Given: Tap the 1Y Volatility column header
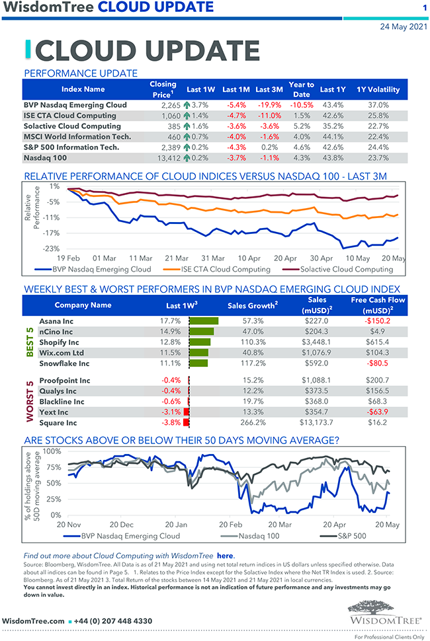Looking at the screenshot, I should (378, 89).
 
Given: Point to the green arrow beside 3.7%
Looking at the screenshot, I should (187, 105).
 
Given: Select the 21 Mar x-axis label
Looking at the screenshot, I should (177, 258).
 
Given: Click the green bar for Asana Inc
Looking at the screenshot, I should (203, 321).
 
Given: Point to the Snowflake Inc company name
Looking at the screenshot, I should (64, 363).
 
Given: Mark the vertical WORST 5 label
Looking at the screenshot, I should (30, 402).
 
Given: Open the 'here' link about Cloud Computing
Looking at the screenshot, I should (225, 556).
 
